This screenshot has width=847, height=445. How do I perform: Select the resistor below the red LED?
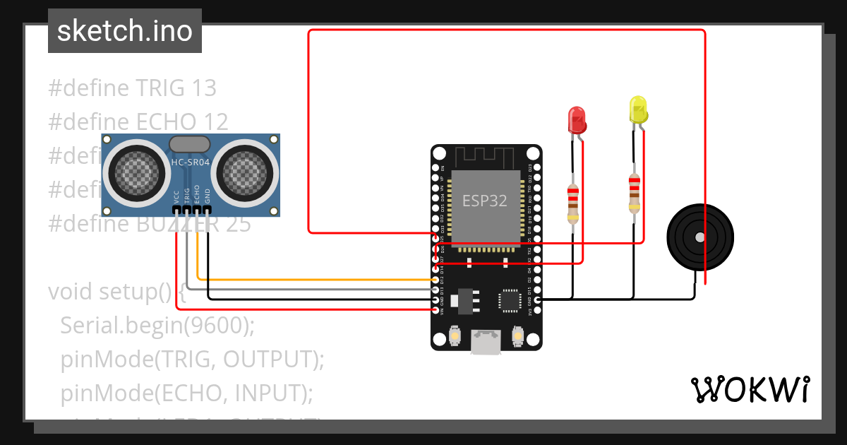click(x=572, y=203)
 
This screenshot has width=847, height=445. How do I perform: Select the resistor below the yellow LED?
click(x=635, y=194)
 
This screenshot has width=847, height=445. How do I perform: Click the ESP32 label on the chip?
click(x=484, y=201)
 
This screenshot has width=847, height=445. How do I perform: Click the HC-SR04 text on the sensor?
click(x=189, y=163)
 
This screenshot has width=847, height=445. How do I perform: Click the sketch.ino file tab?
click(x=124, y=31)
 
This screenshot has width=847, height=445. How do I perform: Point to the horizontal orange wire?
click(x=318, y=280)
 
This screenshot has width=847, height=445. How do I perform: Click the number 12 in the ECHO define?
click(x=215, y=122)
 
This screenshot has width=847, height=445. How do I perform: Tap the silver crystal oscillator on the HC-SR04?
click(x=189, y=144)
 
